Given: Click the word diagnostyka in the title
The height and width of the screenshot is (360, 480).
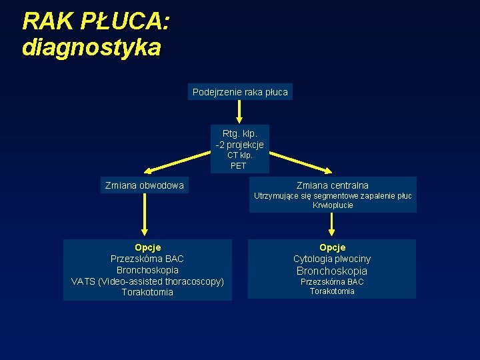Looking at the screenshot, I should coord(91,47).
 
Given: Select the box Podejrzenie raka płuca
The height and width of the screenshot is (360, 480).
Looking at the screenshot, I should coord(240,92).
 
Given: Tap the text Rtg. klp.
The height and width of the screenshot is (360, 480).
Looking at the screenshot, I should coord(240,133).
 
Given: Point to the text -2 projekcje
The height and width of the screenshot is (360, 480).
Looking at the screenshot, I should coord(240,145).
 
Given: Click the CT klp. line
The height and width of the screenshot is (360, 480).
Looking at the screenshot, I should coord(240,155).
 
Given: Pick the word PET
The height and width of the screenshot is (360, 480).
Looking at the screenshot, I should coord(239,166).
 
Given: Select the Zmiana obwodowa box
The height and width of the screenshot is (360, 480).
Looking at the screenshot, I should coord(145,185).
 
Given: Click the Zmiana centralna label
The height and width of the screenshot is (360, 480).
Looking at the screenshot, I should coord(333,185).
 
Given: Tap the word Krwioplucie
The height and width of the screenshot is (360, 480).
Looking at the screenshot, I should coord(333,205).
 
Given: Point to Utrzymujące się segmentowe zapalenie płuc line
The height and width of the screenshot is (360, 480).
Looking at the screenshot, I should coord(333,196).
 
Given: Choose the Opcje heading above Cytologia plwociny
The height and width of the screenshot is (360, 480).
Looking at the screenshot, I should coord(332,247).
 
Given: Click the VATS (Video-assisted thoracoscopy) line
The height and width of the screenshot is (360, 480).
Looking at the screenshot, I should coord(147,281).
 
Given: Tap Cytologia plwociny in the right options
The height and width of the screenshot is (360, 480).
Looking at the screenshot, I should coord(332,259).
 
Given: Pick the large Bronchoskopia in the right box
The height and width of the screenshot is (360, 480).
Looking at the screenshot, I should coord(332,271).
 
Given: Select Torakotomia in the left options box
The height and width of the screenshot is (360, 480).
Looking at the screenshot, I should coord(147,292).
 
